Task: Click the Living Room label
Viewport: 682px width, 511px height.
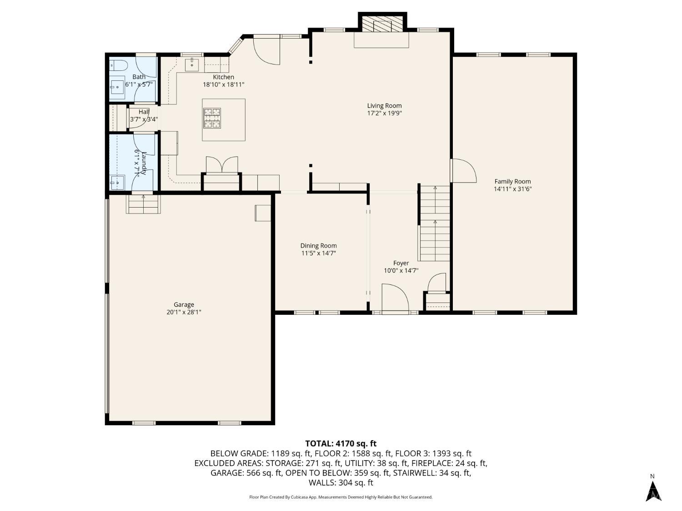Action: (x=384, y=106)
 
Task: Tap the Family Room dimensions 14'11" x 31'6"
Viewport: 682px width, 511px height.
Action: (x=512, y=189)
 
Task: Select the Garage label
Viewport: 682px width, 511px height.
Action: (x=184, y=305)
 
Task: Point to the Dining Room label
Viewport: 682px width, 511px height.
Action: (x=318, y=246)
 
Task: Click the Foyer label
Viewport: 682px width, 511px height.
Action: (x=401, y=263)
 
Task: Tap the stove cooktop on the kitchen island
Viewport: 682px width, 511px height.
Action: (x=212, y=117)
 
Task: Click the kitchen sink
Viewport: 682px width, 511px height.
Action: (x=192, y=64)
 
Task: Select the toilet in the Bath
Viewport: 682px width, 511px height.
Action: (x=118, y=65)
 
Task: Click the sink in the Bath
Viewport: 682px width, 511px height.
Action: (x=118, y=85)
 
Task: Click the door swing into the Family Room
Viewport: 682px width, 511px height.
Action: (x=463, y=171)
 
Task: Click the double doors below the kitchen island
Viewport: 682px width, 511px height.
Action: (x=222, y=164)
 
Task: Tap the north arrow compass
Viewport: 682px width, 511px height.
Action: (x=653, y=490)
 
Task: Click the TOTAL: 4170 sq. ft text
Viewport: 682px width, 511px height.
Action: (x=341, y=443)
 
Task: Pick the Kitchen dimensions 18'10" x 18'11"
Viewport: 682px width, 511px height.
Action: (x=224, y=84)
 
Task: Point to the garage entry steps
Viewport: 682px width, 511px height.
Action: (x=143, y=204)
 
